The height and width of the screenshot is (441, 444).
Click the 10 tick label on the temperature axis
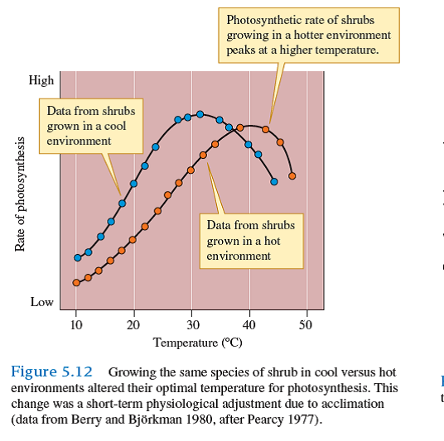[76, 324]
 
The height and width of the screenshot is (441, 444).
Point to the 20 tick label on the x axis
[133, 324]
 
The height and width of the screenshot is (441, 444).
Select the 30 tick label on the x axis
[191, 324]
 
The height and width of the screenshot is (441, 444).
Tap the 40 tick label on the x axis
[249, 324]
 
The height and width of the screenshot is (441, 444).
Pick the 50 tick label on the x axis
[306, 324]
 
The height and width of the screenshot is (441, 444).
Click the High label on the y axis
[41, 80]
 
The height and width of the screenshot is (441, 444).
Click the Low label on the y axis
[42, 302]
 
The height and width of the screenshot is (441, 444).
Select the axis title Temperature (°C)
[197, 342]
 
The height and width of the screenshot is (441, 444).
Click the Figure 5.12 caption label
[51, 371]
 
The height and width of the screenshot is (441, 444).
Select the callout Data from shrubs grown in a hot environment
[250, 240]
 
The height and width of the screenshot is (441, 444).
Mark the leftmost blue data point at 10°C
[78, 257]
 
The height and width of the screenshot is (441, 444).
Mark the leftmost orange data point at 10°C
[76, 282]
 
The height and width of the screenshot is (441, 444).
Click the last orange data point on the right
[292, 175]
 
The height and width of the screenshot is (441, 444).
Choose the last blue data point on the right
[274, 181]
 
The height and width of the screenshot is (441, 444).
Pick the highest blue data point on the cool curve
[200, 114]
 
